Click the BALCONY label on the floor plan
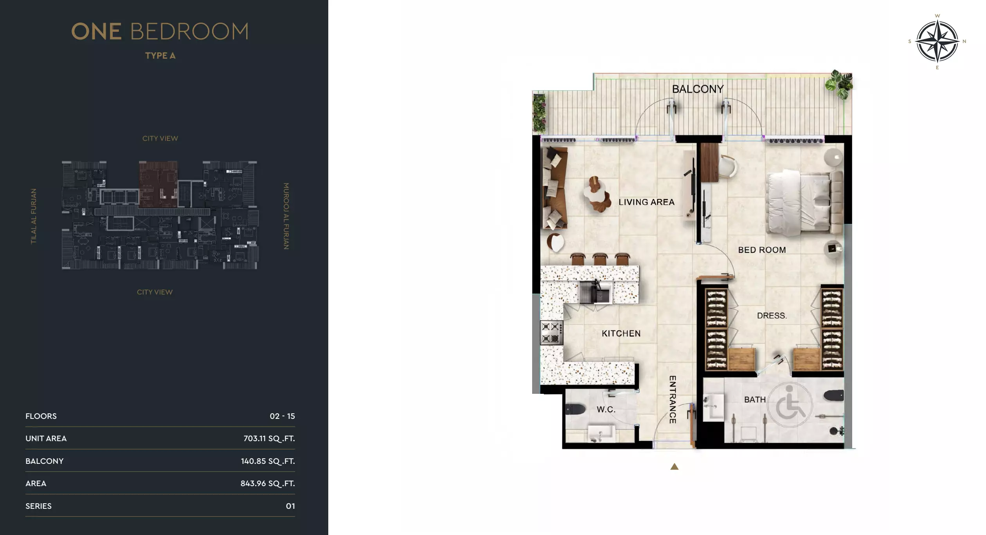coord(698,89)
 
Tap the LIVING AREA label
coord(646,202)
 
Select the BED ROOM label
coord(762,250)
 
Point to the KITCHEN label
coord(621,334)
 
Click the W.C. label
coord(606,409)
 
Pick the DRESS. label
coord(772,316)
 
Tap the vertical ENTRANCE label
coord(673,399)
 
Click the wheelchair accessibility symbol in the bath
coord(790,406)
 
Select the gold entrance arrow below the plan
coord(674,467)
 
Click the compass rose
coord(937,41)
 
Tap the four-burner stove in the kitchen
coord(551,333)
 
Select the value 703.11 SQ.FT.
coord(269,438)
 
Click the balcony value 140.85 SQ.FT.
coord(268,461)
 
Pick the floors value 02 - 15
coord(282,416)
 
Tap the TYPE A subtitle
coord(160,56)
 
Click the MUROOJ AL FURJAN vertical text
coord(286,216)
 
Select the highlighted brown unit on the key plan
coord(158,184)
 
